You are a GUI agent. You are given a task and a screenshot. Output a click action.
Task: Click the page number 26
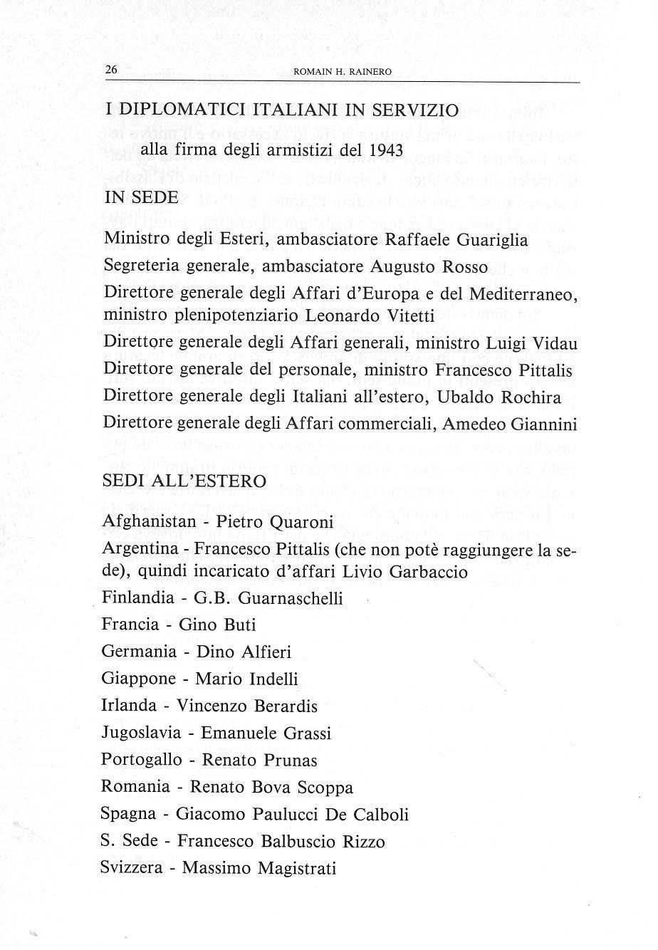(111, 70)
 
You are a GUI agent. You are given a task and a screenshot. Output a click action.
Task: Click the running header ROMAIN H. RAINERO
(333, 71)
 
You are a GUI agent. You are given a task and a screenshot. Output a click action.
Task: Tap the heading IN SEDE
(141, 198)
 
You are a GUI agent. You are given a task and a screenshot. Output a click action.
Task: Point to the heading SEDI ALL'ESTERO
(184, 481)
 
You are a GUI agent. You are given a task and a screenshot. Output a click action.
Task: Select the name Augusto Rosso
(429, 267)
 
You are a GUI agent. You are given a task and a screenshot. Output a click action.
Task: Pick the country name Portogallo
(142, 760)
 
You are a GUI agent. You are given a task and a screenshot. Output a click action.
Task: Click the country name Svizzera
(135, 868)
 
